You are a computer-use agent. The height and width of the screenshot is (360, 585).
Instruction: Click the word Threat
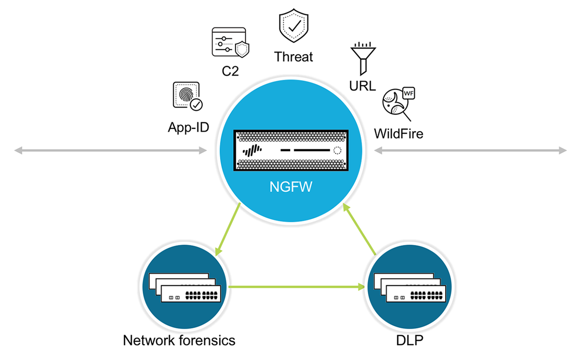pyautogui.click(x=293, y=57)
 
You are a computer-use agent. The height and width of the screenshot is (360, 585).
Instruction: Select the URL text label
pyautogui.click(x=362, y=86)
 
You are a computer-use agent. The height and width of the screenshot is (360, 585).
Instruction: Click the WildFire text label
pyautogui.click(x=398, y=134)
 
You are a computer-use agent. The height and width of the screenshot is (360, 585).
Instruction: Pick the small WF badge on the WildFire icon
pyautogui.click(x=409, y=93)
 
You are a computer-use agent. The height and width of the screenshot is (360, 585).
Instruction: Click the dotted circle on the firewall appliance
pyautogui.click(x=337, y=151)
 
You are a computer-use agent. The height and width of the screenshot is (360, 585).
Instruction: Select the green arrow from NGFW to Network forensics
pyautogui.click(x=228, y=229)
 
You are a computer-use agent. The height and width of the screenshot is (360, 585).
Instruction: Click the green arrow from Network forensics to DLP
pyautogui.click(x=297, y=287)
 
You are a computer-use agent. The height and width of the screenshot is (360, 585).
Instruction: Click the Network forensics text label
pyautogui.click(x=179, y=340)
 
